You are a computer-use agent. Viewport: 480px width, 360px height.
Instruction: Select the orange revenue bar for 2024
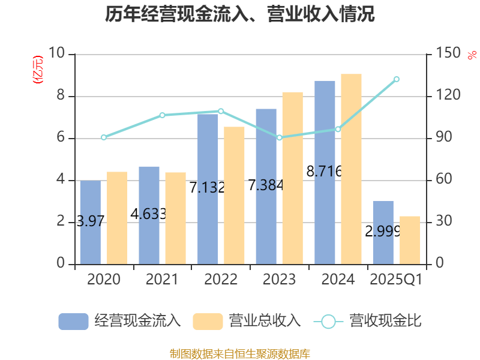point(351,169)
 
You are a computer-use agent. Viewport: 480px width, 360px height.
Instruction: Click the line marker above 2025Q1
point(397,79)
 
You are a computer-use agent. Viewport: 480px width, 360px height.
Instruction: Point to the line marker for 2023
point(279,137)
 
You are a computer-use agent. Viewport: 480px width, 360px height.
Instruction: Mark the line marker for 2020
point(104,137)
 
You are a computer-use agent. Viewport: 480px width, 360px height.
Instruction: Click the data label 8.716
point(324,172)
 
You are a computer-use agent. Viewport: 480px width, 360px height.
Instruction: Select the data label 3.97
point(91,221)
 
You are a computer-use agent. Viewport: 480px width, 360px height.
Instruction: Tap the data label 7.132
point(207,187)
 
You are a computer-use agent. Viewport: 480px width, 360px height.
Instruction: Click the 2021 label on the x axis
point(162,280)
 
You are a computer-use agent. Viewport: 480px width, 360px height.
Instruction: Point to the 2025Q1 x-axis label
point(397,280)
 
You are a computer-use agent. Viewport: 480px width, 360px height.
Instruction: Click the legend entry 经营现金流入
point(120,321)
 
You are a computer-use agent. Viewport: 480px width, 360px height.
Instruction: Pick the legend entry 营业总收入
point(247,321)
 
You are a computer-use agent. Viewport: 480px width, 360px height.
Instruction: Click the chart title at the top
point(240,14)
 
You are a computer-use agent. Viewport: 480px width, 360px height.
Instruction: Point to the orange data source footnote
point(240,353)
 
